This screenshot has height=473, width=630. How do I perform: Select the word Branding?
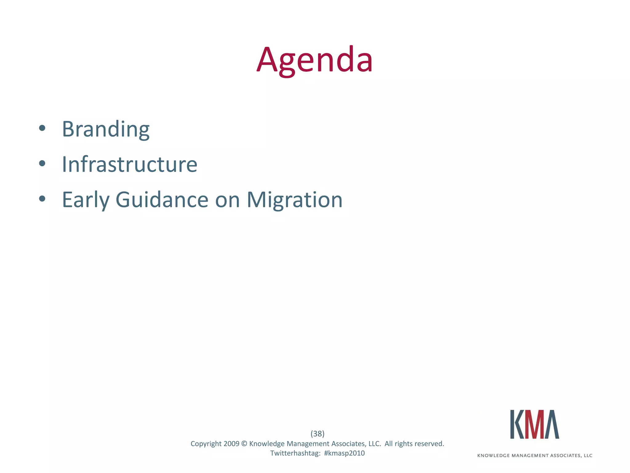point(106,129)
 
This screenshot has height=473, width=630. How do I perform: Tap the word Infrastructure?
point(130,164)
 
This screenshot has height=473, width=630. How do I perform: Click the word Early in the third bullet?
point(86,200)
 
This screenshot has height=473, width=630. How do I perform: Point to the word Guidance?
point(162,200)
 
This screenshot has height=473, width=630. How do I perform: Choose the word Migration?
point(294,200)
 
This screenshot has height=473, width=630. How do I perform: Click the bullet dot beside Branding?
point(42,128)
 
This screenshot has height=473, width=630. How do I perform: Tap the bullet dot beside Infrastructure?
point(42,164)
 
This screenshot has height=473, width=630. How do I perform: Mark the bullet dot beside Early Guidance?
point(42,199)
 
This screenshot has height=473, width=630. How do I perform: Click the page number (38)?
point(317,434)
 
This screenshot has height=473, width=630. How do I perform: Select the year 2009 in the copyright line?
point(231,444)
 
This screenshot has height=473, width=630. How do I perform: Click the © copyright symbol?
point(244,444)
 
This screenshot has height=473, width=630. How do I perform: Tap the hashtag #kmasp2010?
point(344,453)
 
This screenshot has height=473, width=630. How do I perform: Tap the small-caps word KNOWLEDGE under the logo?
point(493,456)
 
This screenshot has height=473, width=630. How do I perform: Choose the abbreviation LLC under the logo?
point(588,456)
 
